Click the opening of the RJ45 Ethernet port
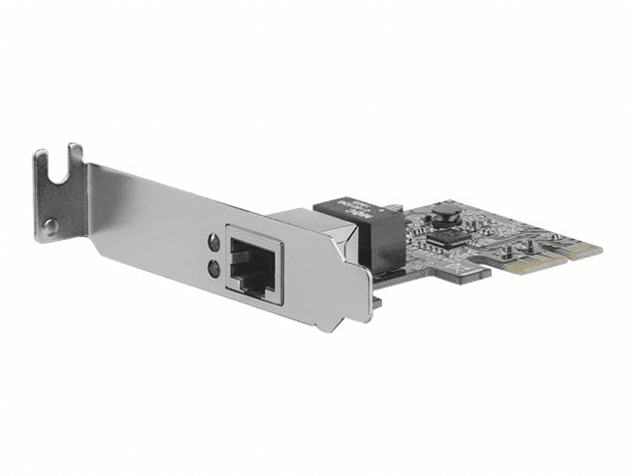coord(253,262)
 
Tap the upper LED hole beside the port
coord(213,242)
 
